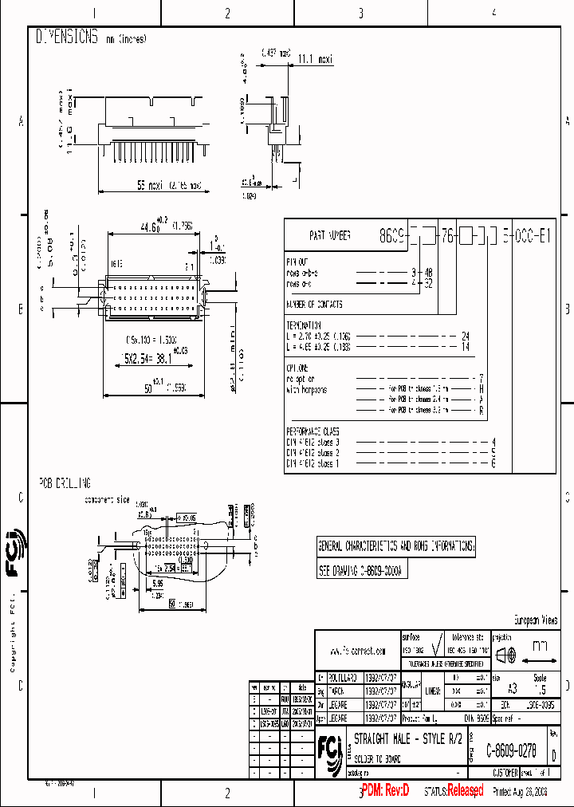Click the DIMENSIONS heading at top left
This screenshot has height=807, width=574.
[67, 37]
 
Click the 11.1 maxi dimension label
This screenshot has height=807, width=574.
[315, 58]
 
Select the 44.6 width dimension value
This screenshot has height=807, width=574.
[150, 226]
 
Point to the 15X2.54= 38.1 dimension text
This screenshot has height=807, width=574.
[150, 360]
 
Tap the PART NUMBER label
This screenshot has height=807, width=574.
[329, 237]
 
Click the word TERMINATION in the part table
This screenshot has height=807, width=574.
[303, 325]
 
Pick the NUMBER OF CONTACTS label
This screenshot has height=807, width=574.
[314, 305]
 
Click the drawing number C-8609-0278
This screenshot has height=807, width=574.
[511, 750]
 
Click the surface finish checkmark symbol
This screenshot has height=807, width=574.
[437, 652]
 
